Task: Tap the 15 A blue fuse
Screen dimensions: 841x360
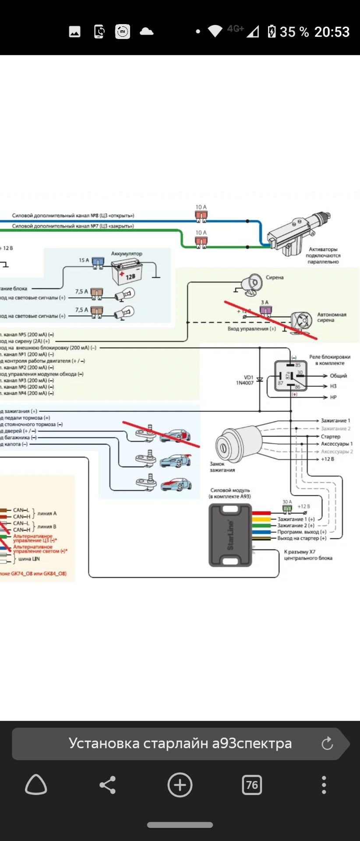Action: tap(97, 262)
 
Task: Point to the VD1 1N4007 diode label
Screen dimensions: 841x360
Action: tap(248, 380)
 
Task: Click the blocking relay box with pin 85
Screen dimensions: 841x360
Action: tap(291, 375)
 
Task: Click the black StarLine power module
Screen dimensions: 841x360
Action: tap(230, 535)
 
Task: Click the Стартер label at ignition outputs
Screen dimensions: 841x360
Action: tap(330, 436)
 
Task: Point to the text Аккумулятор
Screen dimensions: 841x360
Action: tap(127, 254)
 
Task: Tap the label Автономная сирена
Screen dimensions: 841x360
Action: tap(332, 317)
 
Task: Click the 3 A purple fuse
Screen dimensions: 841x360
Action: tap(265, 310)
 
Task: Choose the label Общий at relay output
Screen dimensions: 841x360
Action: tap(338, 376)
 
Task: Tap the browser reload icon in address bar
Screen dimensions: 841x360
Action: tap(327, 743)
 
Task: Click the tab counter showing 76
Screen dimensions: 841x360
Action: tap(252, 784)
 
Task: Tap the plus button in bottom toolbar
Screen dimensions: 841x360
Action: tap(180, 784)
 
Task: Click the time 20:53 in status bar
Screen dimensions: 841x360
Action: tap(332, 32)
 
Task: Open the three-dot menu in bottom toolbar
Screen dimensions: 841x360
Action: tap(324, 784)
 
